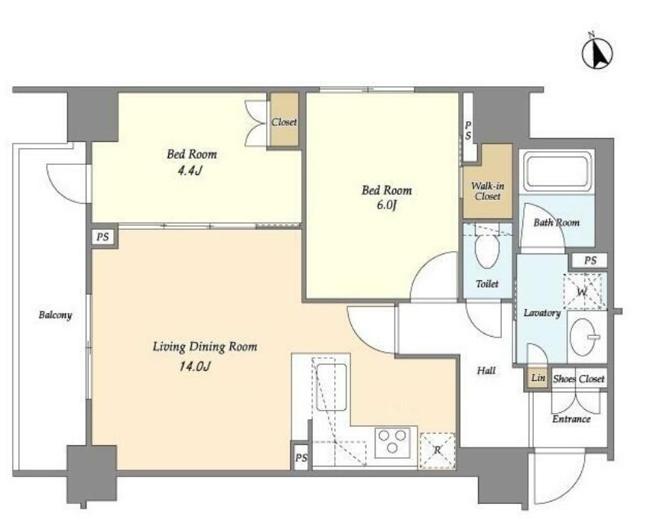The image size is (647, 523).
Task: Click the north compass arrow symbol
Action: click(x=597, y=53)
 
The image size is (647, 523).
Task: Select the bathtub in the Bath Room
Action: click(x=558, y=171)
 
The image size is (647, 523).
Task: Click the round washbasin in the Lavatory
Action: click(x=583, y=337)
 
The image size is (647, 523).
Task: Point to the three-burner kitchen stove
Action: click(x=392, y=443)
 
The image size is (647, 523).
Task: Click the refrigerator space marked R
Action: click(x=437, y=450)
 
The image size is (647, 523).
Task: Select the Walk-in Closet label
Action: click(x=488, y=192)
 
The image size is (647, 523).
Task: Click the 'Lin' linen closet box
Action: click(x=538, y=378)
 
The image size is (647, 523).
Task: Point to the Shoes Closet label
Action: click(x=578, y=379)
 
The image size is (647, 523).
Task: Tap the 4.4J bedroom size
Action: click(x=189, y=170)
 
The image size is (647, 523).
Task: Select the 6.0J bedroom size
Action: click(x=386, y=205)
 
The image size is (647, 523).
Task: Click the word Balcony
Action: click(x=55, y=315)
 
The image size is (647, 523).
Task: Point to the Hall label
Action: click(x=486, y=370)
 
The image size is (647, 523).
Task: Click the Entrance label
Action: click(x=571, y=419)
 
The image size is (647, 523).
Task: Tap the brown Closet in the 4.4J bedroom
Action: click(x=284, y=120)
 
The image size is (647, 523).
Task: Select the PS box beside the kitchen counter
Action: click(x=301, y=457)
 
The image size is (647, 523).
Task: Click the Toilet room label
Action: click(x=487, y=284)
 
